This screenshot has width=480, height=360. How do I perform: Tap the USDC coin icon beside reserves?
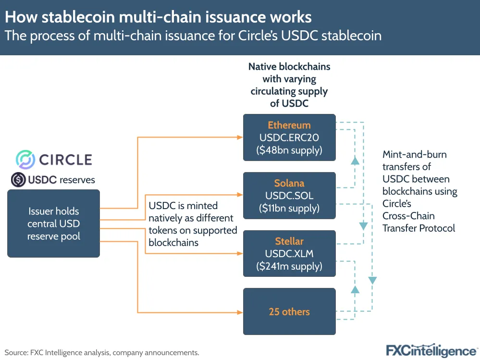point(18,180)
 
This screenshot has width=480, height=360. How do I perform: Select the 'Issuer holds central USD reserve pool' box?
point(53,223)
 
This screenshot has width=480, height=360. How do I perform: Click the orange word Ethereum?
point(289,125)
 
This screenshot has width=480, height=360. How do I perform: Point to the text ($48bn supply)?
point(289,150)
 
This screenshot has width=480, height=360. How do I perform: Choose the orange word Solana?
point(289,183)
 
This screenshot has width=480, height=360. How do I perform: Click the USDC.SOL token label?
point(289,196)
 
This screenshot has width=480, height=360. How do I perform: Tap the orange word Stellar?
point(289,241)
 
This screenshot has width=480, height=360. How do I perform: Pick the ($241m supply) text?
point(289,266)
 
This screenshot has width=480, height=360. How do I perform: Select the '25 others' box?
point(289,311)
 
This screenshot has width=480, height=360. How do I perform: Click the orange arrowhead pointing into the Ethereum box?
point(240,137)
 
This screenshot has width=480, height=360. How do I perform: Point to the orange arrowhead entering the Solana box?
point(240,195)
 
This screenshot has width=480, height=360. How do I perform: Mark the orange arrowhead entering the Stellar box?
point(240,253)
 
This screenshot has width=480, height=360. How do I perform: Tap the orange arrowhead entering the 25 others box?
point(240,311)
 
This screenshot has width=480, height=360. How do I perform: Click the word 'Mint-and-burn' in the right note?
point(414,155)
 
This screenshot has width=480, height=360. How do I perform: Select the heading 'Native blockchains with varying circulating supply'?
point(289,78)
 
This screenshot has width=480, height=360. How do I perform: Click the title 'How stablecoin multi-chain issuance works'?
point(159,17)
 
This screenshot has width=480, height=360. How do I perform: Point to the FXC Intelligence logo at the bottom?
point(431,350)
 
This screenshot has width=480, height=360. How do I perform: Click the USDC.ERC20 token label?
point(289,138)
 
